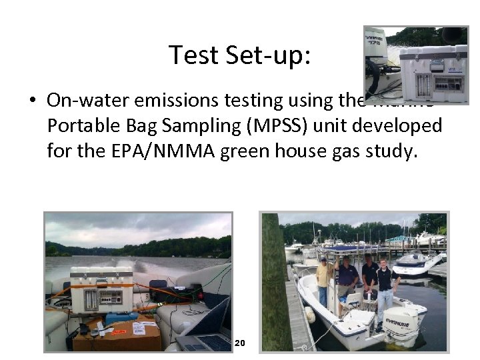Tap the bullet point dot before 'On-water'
32,101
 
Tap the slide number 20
240,343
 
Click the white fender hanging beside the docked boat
310,315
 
